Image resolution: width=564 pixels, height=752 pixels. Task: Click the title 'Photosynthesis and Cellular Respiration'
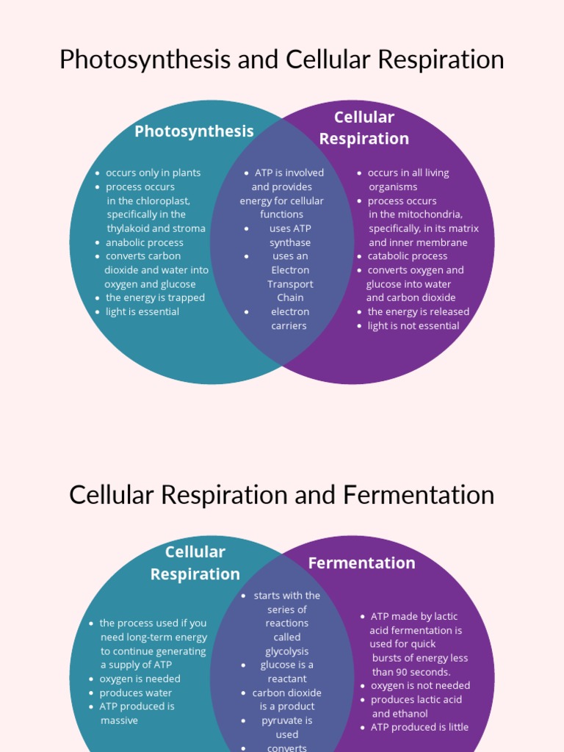pyautogui.click(x=281, y=59)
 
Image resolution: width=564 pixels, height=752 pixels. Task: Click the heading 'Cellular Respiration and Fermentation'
pyautogui.click(x=281, y=495)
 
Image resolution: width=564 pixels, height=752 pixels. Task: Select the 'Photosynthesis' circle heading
pyautogui.click(x=194, y=131)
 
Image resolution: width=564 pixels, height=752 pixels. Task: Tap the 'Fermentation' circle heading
pyautogui.click(x=361, y=563)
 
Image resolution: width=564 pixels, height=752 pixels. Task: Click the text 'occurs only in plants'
pyautogui.click(x=153, y=173)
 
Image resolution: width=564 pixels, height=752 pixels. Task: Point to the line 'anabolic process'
pyautogui.click(x=144, y=242)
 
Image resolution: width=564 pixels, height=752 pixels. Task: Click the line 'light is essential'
pyautogui.click(x=142, y=311)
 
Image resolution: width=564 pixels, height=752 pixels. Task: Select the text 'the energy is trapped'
pyautogui.click(x=155, y=297)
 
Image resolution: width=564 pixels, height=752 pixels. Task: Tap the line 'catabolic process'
pyautogui.click(x=407, y=256)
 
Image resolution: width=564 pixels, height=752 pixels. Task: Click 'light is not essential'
pyautogui.click(x=413, y=325)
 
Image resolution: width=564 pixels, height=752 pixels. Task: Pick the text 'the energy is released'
pyautogui.click(x=418, y=311)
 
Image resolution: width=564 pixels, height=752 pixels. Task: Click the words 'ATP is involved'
pyautogui.click(x=289, y=173)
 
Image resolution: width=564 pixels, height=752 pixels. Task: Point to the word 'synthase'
pyautogui.click(x=289, y=242)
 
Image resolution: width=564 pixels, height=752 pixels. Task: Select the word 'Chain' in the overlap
pyautogui.click(x=289, y=297)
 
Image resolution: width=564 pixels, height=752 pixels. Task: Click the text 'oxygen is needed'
pyautogui.click(x=140, y=679)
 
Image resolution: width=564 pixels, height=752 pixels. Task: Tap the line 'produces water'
pyautogui.click(x=135, y=693)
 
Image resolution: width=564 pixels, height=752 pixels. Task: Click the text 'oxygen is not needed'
pyautogui.click(x=420, y=686)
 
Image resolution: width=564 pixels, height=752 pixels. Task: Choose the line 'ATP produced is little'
pyautogui.click(x=419, y=727)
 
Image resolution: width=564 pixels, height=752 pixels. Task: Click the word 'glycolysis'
pyautogui.click(x=286, y=651)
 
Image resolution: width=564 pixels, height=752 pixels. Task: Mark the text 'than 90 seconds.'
pyautogui.click(x=411, y=672)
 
